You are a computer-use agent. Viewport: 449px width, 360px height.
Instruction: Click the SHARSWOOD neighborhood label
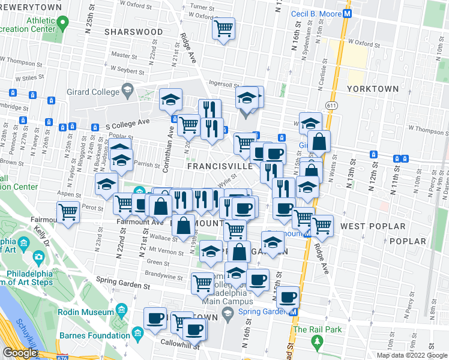pos(133,31)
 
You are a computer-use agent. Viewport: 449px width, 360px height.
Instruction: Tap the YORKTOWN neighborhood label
pos(373,88)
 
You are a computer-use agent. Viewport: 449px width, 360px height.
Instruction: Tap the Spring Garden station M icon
pos(294,312)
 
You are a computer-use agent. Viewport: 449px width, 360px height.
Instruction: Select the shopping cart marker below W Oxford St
pos(224,28)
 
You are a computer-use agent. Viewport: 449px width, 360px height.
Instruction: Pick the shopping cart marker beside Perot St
pos(68,212)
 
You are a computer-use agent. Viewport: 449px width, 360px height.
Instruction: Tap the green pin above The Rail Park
pos(316,341)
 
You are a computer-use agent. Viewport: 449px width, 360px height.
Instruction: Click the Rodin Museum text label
pos(86,312)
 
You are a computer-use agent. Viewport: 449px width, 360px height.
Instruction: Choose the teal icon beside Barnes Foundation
pos(137,332)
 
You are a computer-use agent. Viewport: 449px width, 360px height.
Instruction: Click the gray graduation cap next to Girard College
pos(127,92)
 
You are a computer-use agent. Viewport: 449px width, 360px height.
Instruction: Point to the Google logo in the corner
pos(20,353)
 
